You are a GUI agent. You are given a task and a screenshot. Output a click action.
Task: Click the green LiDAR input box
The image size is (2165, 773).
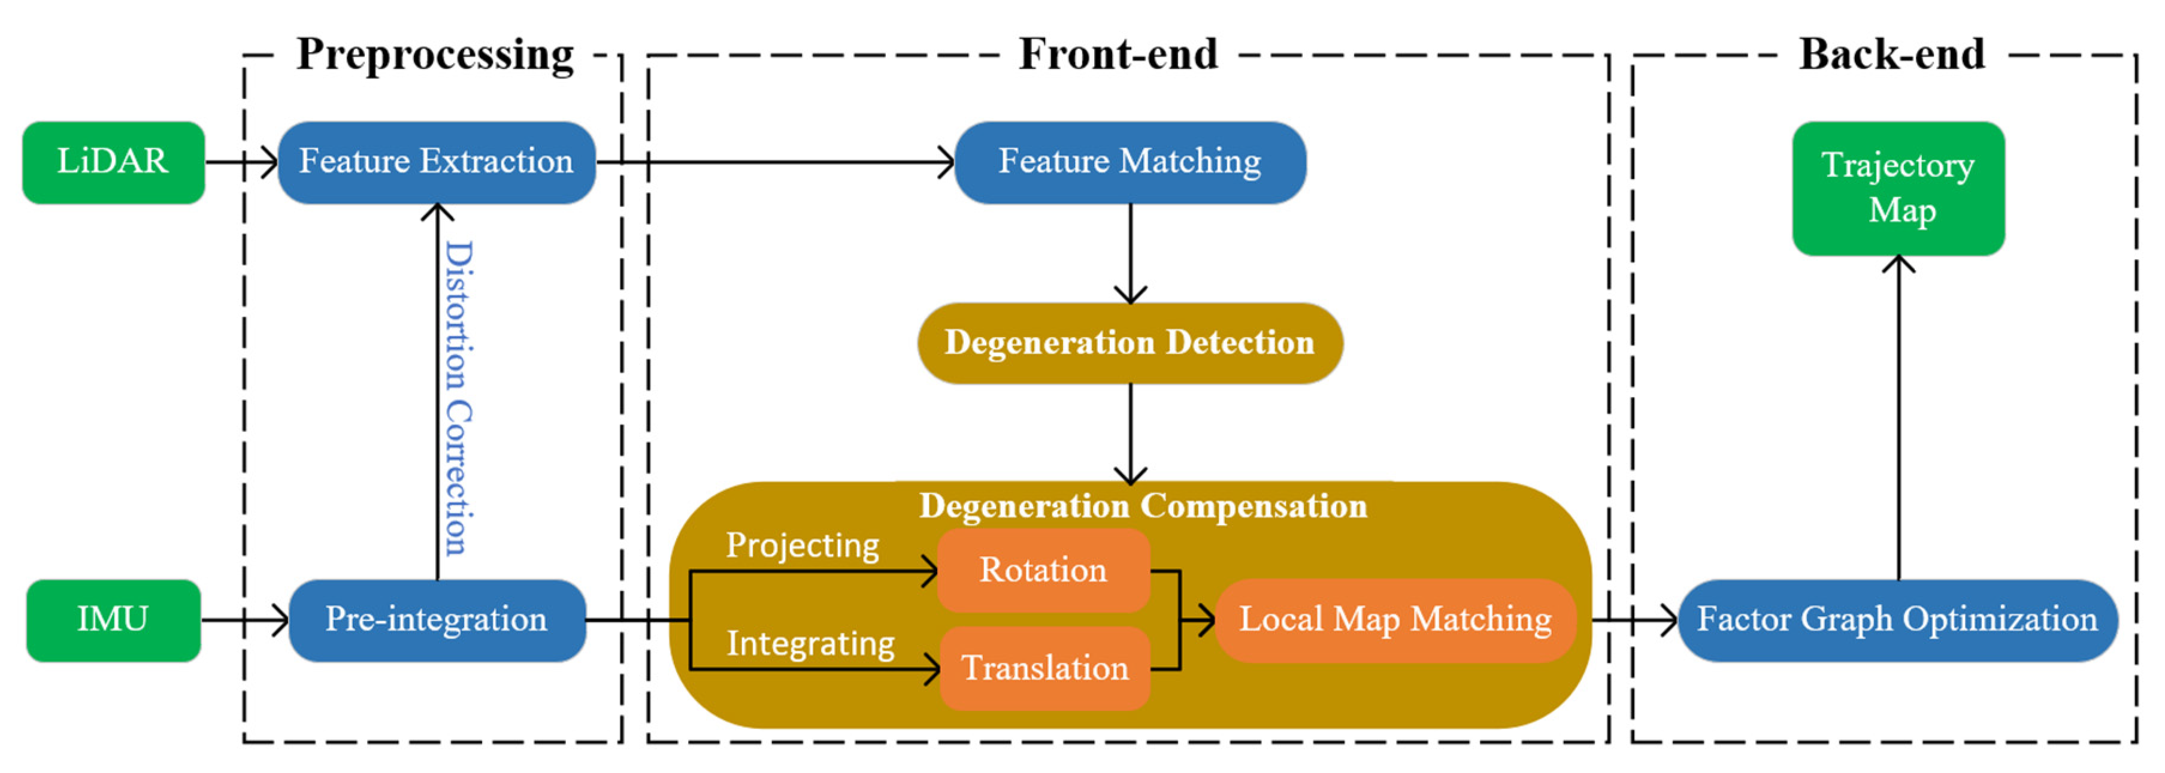click(x=113, y=162)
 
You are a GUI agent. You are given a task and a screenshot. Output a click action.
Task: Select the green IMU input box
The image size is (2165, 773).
click(x=113, y=620)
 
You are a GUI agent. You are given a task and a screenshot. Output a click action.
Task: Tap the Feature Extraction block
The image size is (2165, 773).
click(x=436, y=162)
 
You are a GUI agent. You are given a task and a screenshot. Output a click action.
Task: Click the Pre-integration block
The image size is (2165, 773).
click(x=436, y=620)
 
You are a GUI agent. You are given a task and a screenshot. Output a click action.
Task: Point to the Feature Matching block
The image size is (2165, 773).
click(x=1130, y=162)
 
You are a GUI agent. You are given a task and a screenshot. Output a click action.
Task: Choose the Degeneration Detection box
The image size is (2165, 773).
click(x=1130, y=343)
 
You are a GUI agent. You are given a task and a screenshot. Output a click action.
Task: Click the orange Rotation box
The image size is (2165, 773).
click(x=1043, y=571)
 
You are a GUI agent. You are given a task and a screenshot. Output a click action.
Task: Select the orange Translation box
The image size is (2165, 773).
click(x=1044, y=669)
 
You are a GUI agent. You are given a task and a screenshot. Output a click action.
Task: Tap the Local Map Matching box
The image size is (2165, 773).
click(x=1395, y=620)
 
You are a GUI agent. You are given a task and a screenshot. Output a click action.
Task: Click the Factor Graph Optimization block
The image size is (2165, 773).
click(x=1897, y=620)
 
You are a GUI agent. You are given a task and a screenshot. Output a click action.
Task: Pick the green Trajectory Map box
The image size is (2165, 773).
click(x=1898, y=188)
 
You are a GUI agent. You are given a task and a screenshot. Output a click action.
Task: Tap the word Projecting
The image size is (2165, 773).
click(x=803, y=545)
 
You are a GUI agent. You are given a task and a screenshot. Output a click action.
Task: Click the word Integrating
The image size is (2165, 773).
click(x=810, y=644)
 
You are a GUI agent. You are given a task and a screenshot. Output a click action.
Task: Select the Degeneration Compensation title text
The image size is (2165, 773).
click(x=1143, y=506)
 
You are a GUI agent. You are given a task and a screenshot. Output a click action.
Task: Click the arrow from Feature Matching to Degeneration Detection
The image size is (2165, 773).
click(x=1130, y=253)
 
